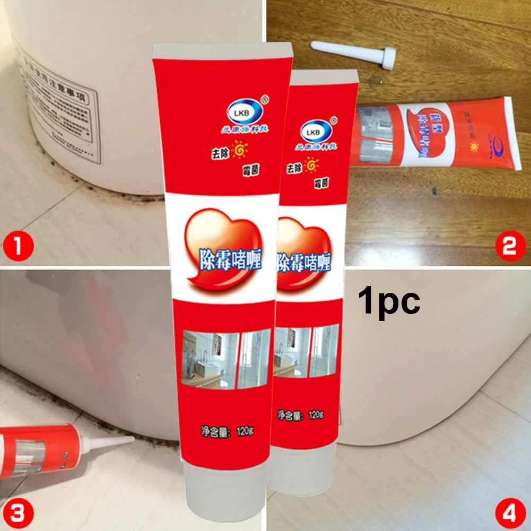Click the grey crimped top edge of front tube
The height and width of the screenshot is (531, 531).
(222, 51)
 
